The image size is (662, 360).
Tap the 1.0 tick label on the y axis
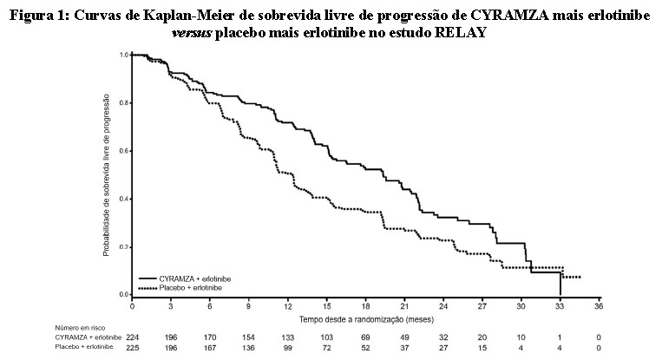click(122, 56)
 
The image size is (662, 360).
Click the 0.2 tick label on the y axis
click(122, 247)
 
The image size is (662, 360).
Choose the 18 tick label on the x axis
click(365, 306)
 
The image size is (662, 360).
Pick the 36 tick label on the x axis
click(599, 306)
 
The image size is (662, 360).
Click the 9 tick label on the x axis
click(248, 306)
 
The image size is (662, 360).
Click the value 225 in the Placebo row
click(132, 349)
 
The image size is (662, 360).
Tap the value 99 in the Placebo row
click(287, 349)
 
